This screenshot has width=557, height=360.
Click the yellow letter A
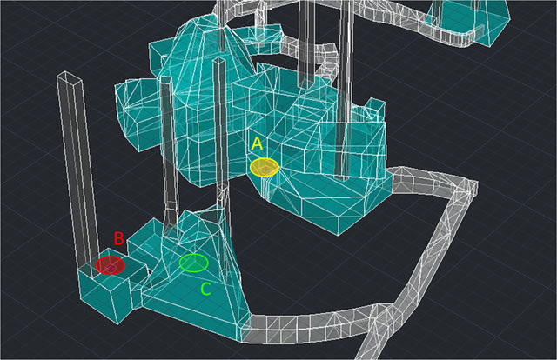coord(257,143)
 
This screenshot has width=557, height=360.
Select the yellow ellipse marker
coord(264,167)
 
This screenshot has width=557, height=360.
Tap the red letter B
coord(118,238)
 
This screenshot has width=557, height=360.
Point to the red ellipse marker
coord(111,265)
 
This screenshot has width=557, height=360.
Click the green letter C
coord(206,289)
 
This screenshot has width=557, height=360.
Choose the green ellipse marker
coord(193,263)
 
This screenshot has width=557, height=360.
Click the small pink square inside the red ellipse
coord(111,268)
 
